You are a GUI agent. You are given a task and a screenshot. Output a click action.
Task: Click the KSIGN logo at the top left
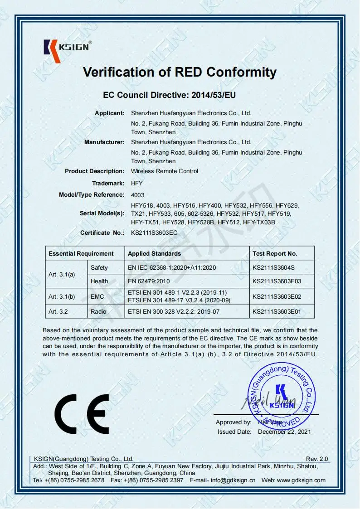pos(68,47)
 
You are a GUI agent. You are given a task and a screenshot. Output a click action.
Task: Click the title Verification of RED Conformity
pos(180,72)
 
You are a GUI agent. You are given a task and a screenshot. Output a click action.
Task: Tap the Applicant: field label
pos(109,113)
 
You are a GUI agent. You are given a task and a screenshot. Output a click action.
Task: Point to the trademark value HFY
pos(137,183)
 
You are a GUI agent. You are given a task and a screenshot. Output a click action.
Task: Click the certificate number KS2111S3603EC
pos(154,233)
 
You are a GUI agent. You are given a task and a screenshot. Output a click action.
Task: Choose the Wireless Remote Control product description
pos(164,171)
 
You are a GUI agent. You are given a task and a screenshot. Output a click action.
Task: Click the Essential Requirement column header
pos(81,254)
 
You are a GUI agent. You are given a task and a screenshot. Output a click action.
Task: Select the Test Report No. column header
pos(275,254)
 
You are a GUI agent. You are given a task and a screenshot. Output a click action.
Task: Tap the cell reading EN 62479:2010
pos(150,281)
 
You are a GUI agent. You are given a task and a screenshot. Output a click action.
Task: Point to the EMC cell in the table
pos(97,297)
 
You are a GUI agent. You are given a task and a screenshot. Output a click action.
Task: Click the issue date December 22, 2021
pos(284,432)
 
